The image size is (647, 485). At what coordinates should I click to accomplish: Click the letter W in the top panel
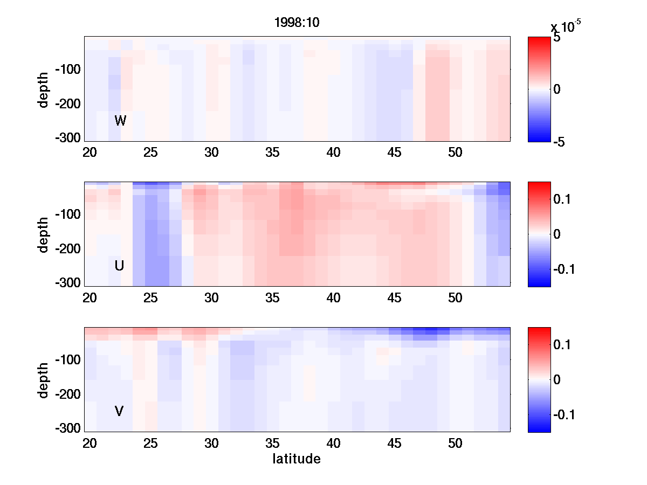[120, 121]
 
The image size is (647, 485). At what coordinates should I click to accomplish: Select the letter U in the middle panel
[120, 266]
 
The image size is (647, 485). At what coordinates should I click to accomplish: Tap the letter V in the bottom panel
[119, 411]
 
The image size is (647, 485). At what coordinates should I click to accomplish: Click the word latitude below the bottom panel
[297, 459]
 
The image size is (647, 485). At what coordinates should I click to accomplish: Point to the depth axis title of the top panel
[44, 89]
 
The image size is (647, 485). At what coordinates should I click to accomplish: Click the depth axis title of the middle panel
[44, 234]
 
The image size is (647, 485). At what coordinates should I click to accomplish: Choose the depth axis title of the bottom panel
[44, 380]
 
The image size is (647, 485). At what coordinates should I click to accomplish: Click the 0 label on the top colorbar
[557, 89]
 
